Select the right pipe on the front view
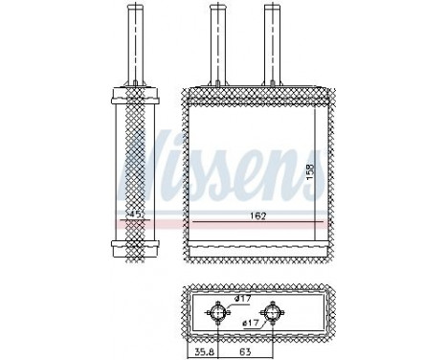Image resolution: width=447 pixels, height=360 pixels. pos(275,43)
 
